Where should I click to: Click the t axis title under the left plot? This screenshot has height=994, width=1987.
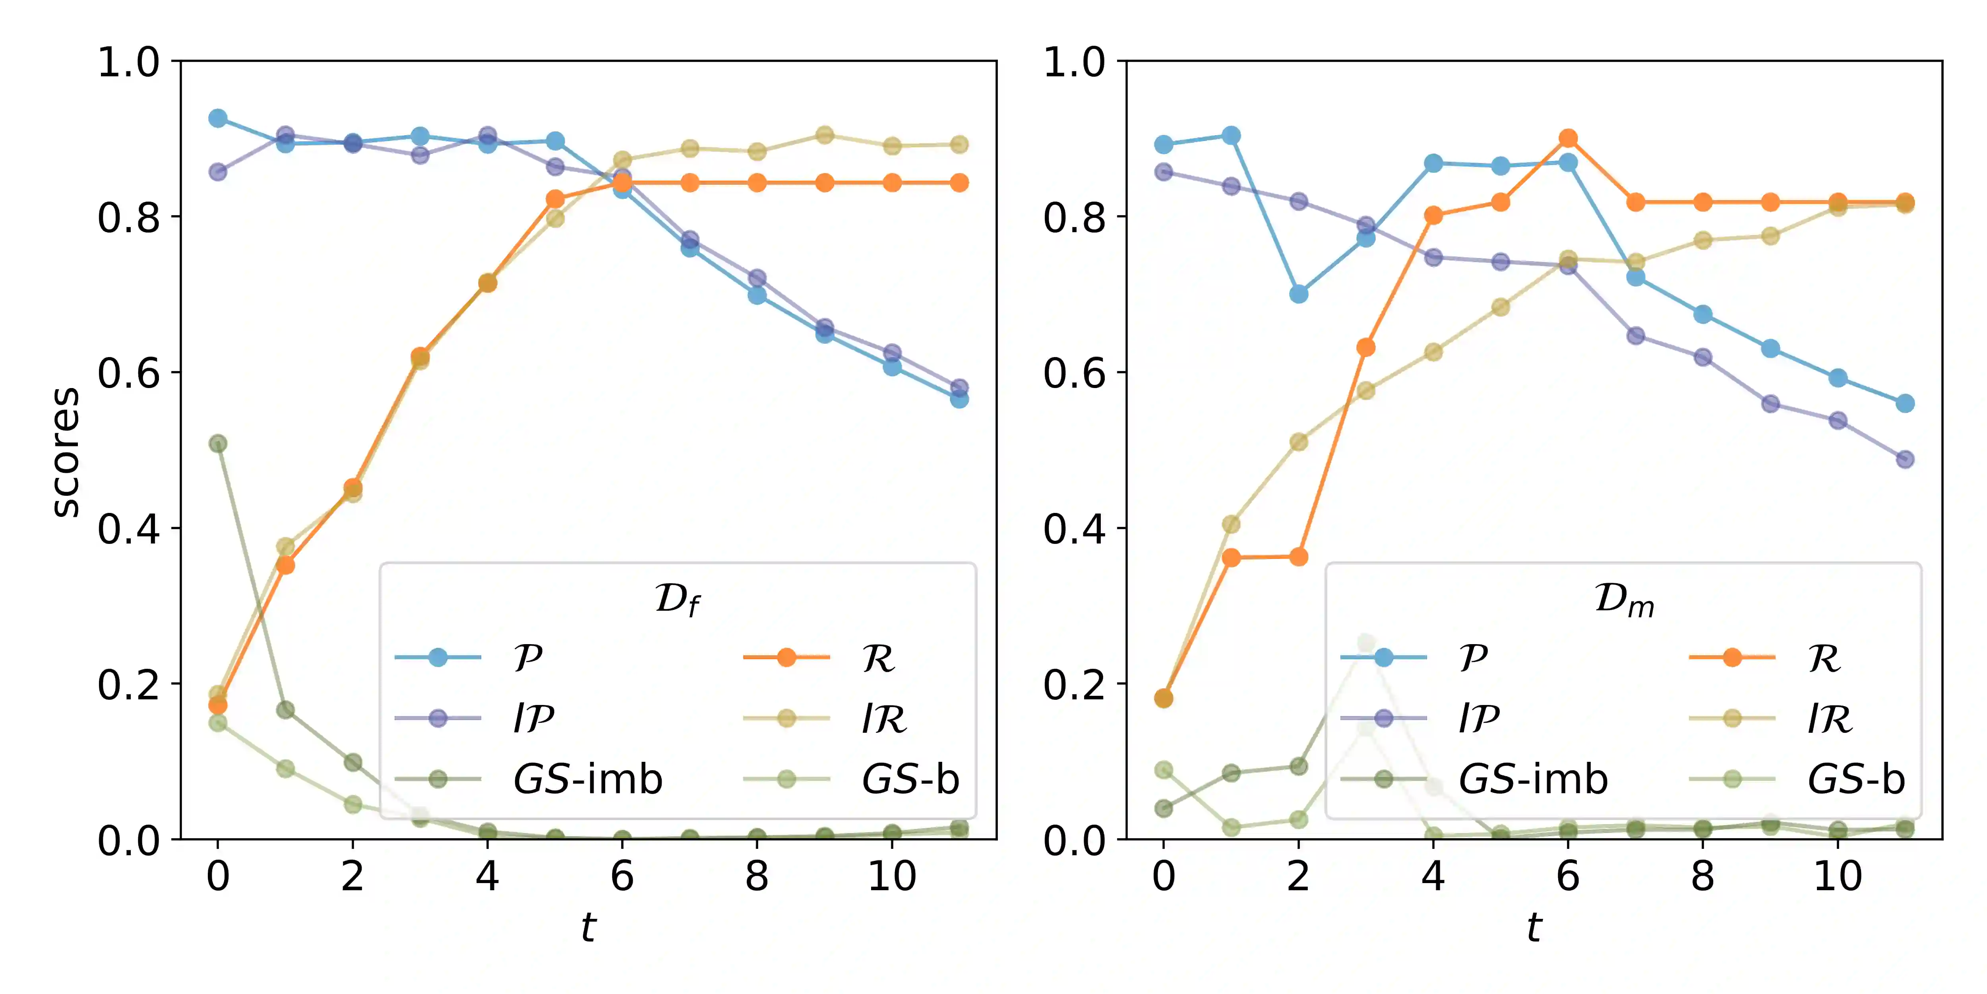[x=589, y=926]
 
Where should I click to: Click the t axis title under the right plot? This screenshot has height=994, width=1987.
[x=1534, y=926]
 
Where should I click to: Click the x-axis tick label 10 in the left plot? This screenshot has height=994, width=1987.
[x=892, y=876]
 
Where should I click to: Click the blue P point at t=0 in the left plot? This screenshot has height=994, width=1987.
[x=217, y=118]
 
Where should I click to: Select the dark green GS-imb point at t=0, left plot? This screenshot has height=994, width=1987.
[x=217, y=443]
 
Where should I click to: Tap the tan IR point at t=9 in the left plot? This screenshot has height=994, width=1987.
[x=825, y=135]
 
